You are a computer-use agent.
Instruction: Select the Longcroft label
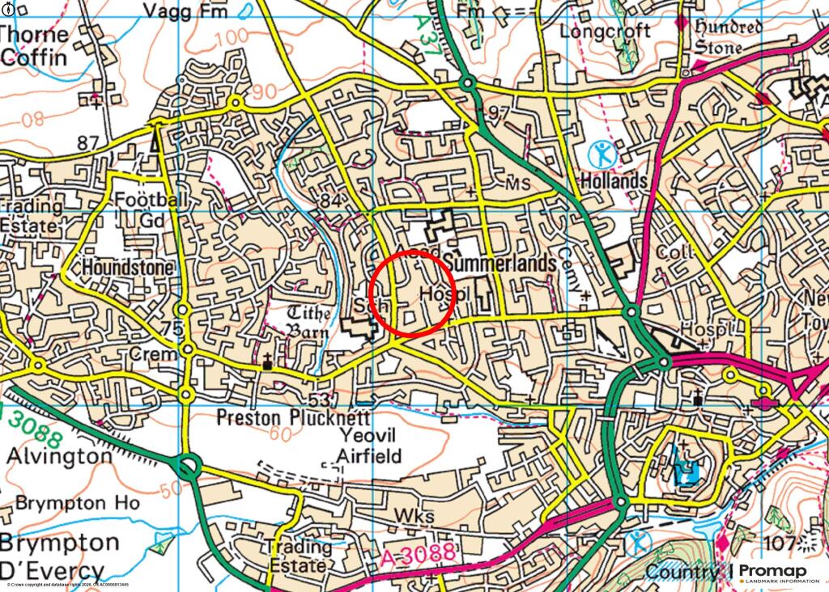point(604,32)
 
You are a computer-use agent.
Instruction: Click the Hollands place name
point(614,180)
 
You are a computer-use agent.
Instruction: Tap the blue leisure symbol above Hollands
point(602,153)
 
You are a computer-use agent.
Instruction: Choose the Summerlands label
point(500,264)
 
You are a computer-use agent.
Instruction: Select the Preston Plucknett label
point(293,417)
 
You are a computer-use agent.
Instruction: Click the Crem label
point(157,355)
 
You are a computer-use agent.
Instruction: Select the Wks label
point(414,516)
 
